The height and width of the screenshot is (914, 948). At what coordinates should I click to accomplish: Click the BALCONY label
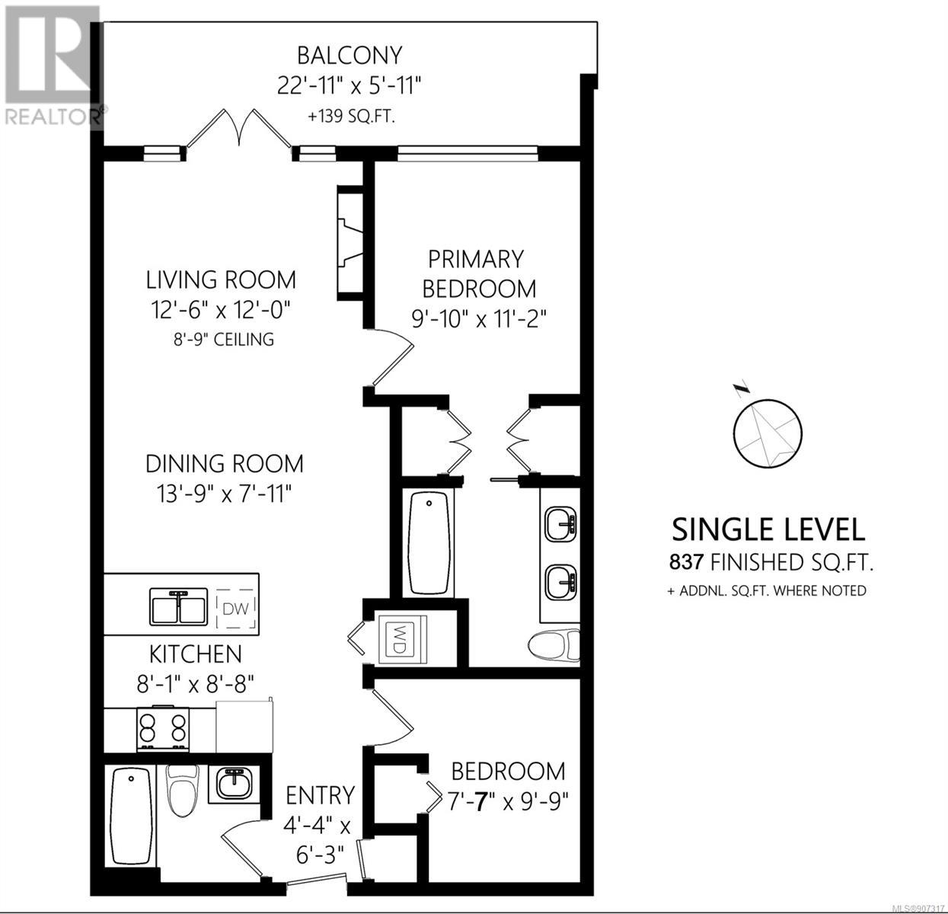[350, 56]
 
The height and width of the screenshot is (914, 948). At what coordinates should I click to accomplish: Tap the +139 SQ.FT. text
[351, 117]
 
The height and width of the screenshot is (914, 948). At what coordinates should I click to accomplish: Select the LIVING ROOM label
[221, 280]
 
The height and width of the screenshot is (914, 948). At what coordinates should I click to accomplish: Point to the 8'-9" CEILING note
[224, 339]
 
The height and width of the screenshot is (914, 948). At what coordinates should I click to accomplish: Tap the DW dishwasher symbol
[236, 609]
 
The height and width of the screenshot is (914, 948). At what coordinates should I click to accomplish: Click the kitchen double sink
[178, 606]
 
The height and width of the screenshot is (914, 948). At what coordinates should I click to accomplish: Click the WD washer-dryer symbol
[402, 640]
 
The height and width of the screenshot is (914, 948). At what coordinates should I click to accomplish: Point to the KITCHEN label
[196, 654]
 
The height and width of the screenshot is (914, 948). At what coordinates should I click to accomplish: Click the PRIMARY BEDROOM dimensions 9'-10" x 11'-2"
[479, 320]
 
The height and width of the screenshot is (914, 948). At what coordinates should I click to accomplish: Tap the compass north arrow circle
[768, 433]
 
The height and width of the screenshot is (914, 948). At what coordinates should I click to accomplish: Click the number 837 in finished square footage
[687, 563]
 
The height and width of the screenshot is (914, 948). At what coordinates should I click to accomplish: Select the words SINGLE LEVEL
[768, 529]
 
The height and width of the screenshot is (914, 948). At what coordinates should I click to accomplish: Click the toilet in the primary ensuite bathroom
[554, 646]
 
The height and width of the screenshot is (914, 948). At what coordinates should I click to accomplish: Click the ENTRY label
[320, 796]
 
